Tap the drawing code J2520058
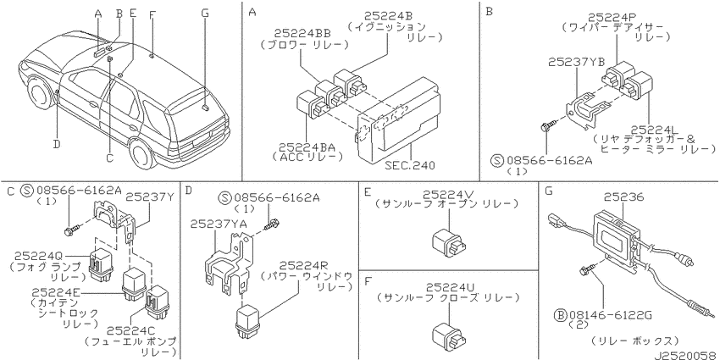pos(685,355)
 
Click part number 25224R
pos(305,265)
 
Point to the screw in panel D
pos(272,224)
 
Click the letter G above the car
pos(205,13)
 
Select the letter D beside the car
pos(57,144)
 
